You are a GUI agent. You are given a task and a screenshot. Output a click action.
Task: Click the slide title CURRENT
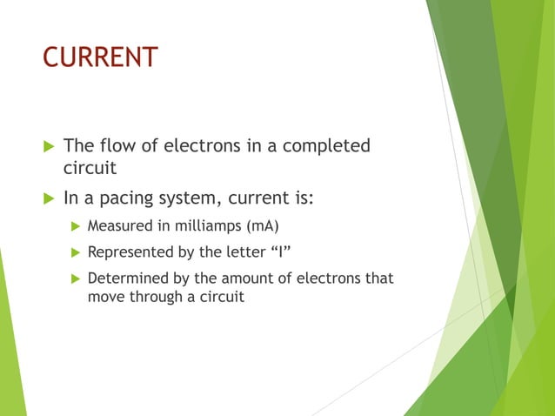tap(100, 57)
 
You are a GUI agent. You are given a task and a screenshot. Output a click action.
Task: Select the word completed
tap(328, 145)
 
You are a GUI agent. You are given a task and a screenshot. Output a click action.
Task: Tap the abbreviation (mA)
tap(264, 226)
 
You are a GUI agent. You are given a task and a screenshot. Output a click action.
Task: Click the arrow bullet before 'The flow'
tap(48, 145)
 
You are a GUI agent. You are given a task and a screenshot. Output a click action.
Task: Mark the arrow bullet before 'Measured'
tap(75, 226)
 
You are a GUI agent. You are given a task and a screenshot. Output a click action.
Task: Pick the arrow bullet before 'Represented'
tap(75, 252)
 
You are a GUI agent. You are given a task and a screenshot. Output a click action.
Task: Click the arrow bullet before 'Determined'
tap(75, 278)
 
